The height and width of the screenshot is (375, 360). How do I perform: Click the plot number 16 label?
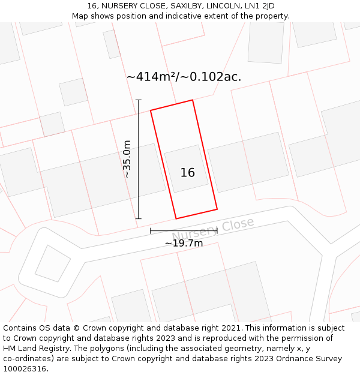[x=187, y=173]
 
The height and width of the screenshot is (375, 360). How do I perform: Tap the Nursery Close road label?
[x=213, y=229]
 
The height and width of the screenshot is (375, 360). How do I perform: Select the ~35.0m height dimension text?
[x=127, y=158]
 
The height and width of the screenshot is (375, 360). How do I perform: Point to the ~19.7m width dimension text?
[x=184, y=243]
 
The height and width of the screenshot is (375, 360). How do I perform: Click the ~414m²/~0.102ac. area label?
[x=184, y=77]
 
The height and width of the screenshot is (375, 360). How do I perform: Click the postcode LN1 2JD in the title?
[x=259, y=6]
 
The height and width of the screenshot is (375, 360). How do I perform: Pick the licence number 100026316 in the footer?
[x=25, y=369]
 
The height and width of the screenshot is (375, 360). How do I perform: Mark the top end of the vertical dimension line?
[x=139, y=100]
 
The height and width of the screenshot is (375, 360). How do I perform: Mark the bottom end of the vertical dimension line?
[x=139, y=218]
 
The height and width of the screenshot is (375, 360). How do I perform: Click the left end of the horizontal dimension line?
[x=151, y=230]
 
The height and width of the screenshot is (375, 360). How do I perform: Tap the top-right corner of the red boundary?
[x=193, y=100]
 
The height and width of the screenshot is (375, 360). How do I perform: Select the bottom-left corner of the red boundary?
[x=176, y=218]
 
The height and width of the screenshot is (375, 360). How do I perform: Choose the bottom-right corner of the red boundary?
[x=217, y=209]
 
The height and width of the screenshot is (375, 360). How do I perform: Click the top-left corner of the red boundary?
[x=151, y=110]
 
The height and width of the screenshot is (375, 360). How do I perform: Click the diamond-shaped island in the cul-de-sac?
[x=52, y=263]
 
